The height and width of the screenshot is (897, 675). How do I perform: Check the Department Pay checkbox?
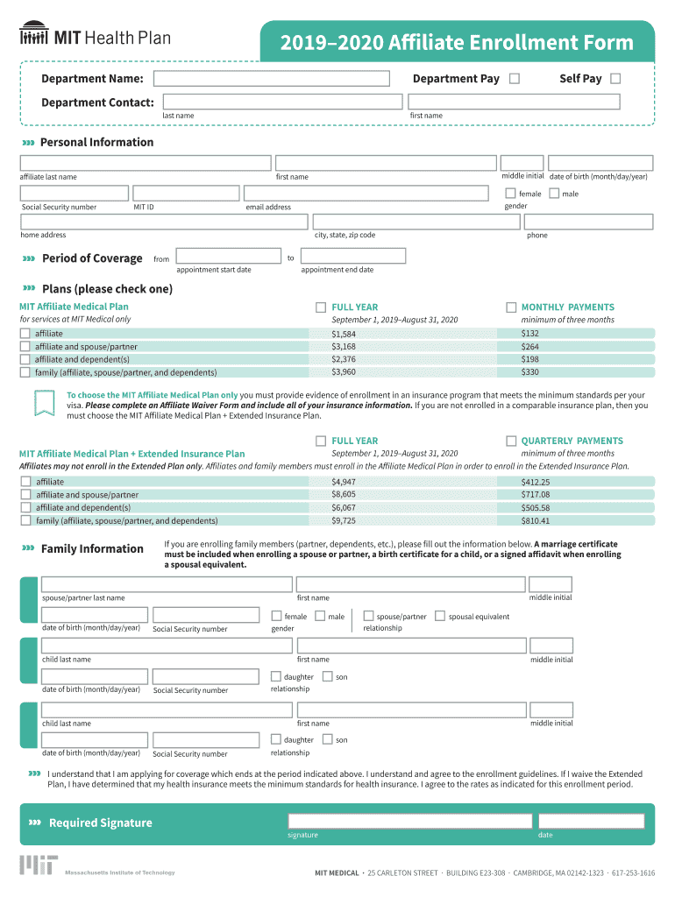coord(515,79)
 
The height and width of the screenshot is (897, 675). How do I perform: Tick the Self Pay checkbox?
coord(615,79)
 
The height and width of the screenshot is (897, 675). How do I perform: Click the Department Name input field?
coord(272,79)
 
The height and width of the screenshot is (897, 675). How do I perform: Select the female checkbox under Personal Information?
coord(510,193)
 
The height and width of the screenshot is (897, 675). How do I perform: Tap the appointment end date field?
coord(352,256)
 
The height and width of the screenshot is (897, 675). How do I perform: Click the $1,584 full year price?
coord(344,334)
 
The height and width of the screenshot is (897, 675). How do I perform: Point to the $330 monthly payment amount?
coord(530,372)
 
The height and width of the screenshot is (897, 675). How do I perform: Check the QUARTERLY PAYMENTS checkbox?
coord(511,441)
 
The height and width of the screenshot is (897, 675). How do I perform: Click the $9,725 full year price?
coord(344,520)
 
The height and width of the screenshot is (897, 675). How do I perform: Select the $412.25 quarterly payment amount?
coord(536,482)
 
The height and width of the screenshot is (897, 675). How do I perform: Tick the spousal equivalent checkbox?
coord(440,616)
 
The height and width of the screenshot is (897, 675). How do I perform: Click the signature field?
coord(409,821)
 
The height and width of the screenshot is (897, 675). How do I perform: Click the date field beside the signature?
coord(591,821)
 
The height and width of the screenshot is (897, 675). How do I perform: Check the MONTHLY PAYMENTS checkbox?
coord(511,307)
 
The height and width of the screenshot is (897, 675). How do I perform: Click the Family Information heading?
coord(92,548)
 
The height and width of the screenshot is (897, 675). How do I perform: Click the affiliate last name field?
coord(146,163)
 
